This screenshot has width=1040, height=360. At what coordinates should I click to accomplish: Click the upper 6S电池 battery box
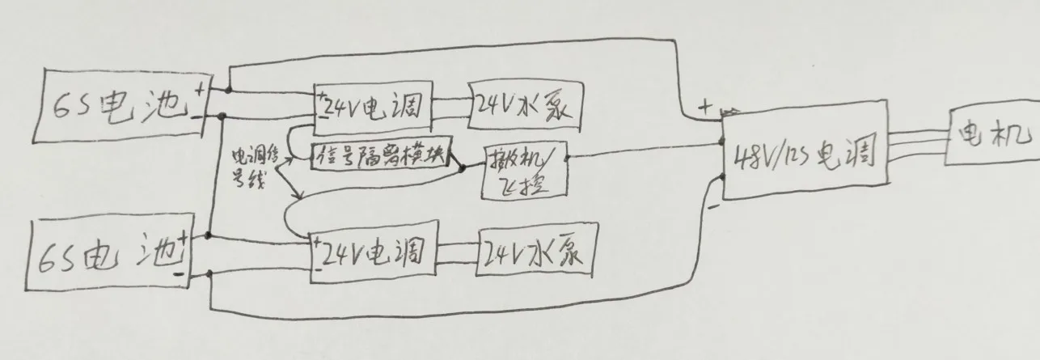[x=117, y=108]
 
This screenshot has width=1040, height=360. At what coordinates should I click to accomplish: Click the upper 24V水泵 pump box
[x=524, y=105]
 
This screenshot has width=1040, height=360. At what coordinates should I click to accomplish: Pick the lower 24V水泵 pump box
[x=536, y=254]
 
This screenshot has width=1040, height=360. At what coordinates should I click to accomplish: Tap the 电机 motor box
[x=988, y=134]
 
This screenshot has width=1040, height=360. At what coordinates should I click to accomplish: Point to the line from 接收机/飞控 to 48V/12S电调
[x=647, y=151]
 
